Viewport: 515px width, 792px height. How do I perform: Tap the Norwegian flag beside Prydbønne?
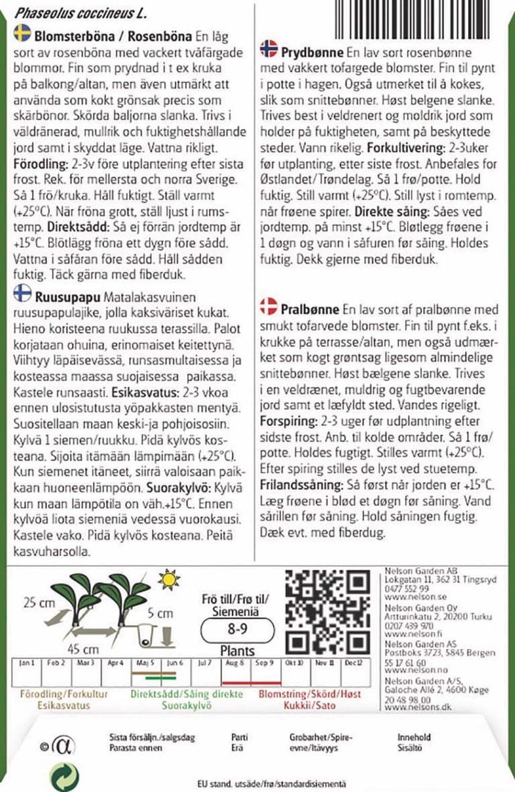click(269, 50)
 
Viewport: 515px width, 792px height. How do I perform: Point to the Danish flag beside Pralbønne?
click(269, 305)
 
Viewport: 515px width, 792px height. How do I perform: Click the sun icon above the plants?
click(170, 580)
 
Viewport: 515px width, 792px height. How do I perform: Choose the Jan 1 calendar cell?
click(27, 662)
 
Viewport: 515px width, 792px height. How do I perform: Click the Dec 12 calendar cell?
click(354, 662)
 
